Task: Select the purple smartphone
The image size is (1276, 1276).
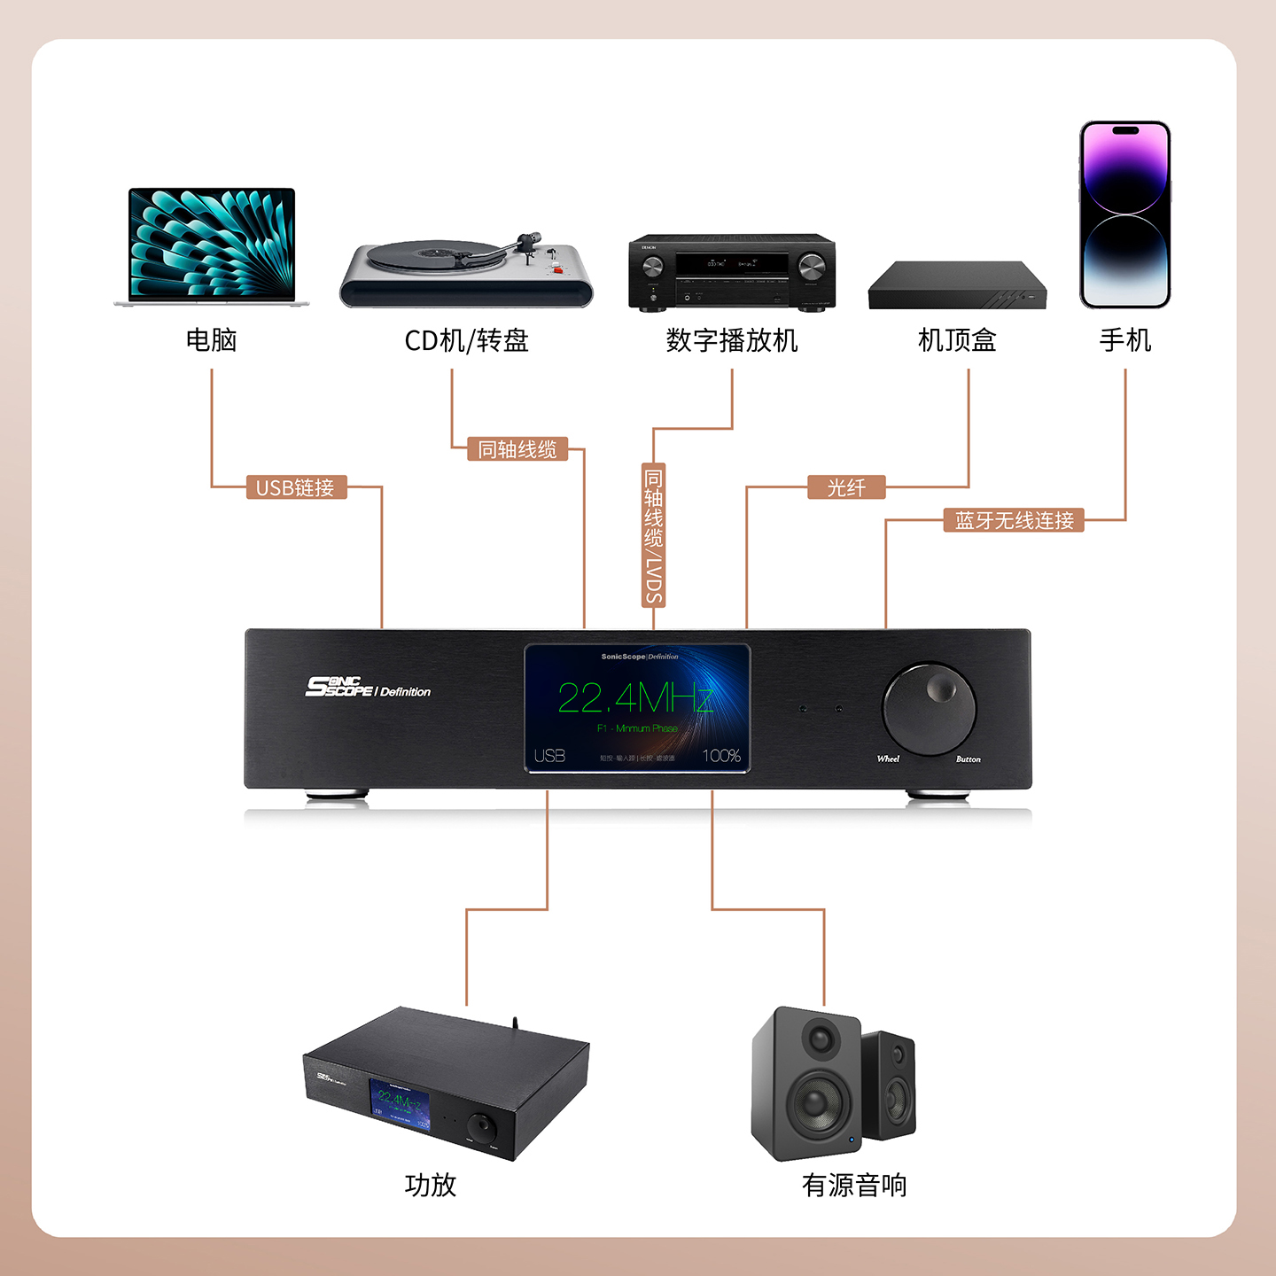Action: (x=1124, y=215)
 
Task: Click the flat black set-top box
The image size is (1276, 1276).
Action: (x=956, y=286)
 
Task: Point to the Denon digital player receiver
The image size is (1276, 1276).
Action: (x=732, y=272)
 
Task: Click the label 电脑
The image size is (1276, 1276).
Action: (x=212, y=340)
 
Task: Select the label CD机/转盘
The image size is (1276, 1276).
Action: (x=466, y=340)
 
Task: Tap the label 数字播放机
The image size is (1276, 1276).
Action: (x=732, y=340)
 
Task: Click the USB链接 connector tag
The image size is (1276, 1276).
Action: (x=295, y=487)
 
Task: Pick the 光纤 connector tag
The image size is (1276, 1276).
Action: (x=846, y=487)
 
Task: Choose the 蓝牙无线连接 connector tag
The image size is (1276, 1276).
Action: (x=1014, y=520)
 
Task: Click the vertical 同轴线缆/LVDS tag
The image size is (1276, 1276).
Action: (x=653, y=534)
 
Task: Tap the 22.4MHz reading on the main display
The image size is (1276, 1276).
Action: (x=635, y=698)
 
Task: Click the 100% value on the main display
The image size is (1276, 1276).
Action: (x=720, y=756)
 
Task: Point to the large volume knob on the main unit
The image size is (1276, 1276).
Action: (x=928, y=708)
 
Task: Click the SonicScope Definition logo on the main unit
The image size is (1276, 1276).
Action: (x=368, y=688)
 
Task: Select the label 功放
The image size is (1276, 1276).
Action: (x=431, y=1185)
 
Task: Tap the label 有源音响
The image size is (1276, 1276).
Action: (x=854, y=1185)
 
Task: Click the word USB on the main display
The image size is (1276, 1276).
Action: (x=549, y=756)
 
